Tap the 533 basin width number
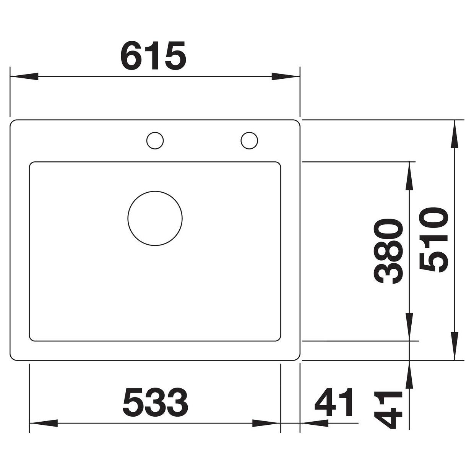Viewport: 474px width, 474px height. [x=155, y=401]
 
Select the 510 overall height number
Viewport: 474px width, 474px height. [x=433, y=240]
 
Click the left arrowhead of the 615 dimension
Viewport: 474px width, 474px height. [x=24, y=76]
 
